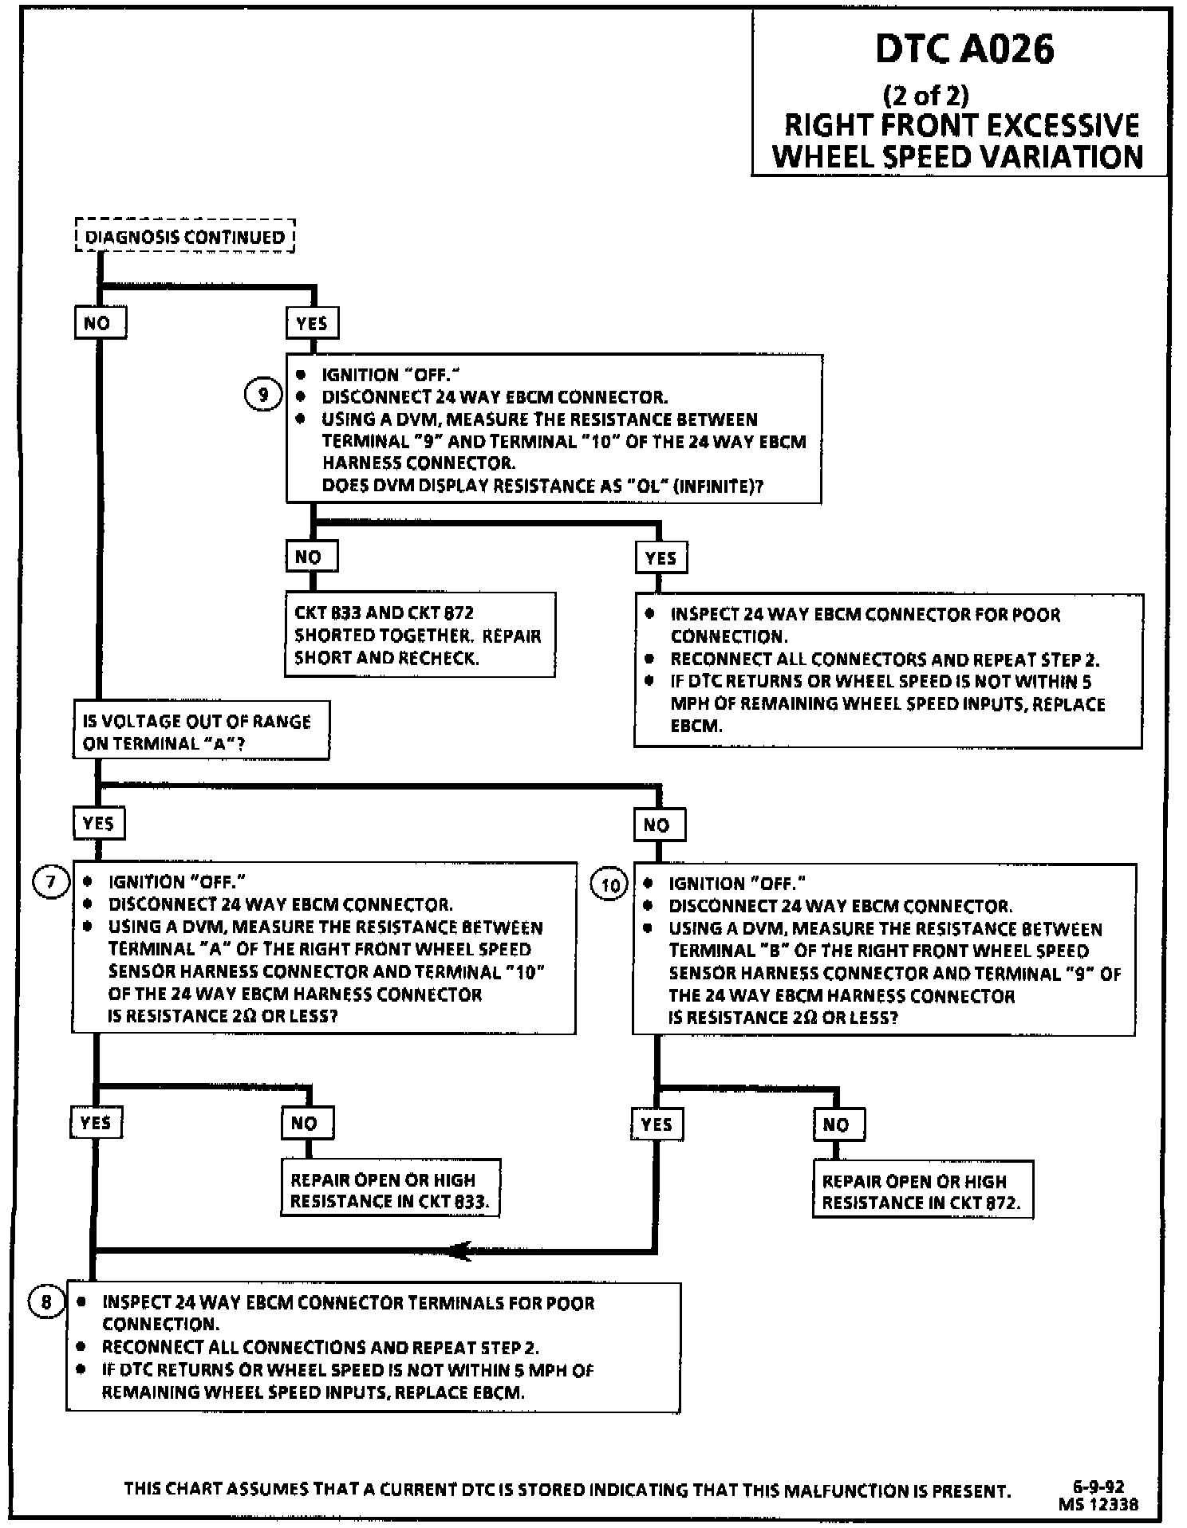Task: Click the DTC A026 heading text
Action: click(964, 49)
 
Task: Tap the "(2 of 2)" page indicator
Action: click(925, 95)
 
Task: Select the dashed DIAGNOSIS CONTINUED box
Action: click(185, 237)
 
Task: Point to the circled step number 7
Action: click(50, 882)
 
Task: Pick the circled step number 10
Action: click(610, 885)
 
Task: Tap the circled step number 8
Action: click(46, 1302)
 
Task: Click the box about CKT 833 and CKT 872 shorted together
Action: click(420, 635)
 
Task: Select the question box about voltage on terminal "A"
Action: click(200, 731)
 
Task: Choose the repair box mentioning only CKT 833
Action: click(390, 1190)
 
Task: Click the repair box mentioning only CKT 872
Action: click(922, 1191)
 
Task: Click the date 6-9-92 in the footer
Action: click(1098, 1487)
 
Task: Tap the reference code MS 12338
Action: click(1098, 1504)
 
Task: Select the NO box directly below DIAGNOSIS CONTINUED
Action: click(100, 323)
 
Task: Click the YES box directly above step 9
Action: click(312, 323)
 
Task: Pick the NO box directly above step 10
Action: click(658, 825)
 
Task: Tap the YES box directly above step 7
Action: click(99, 823)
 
